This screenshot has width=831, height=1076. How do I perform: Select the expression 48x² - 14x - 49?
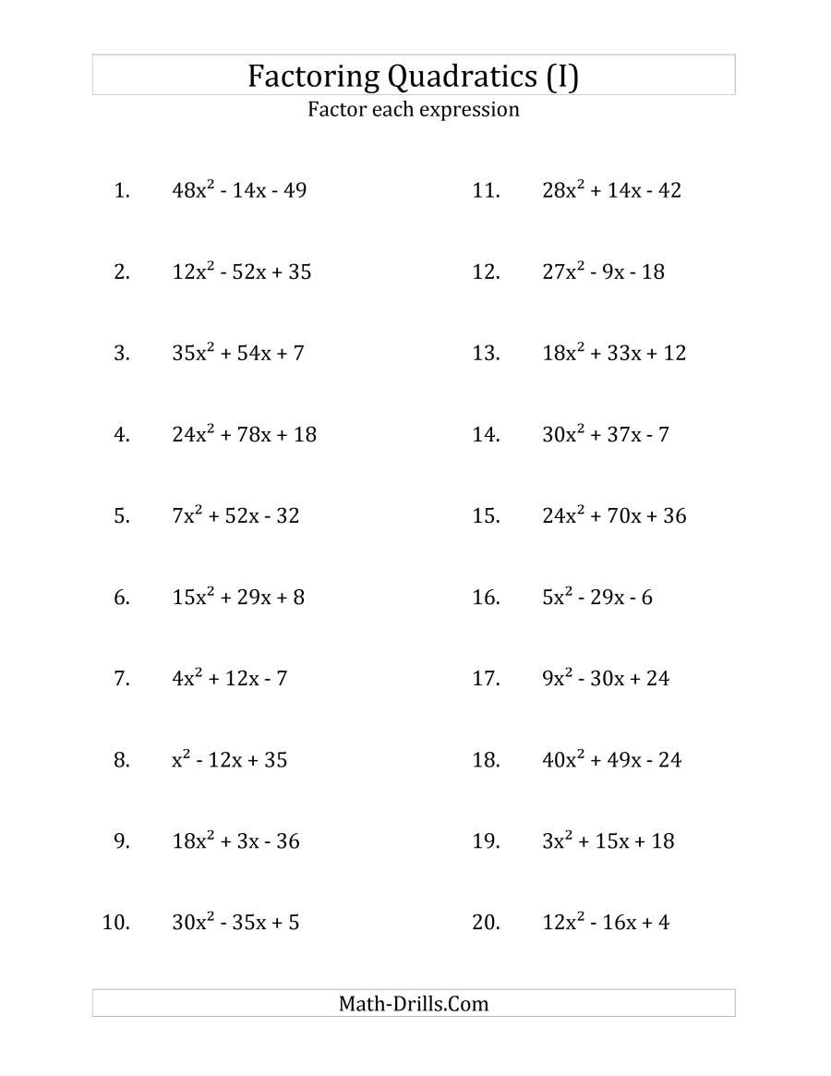tap(239, 191)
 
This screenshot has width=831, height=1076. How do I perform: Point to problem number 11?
tap(486, 191)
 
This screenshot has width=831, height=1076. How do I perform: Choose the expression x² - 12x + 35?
tap(230, 760)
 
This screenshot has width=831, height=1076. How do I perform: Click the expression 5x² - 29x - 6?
tap(597, 598)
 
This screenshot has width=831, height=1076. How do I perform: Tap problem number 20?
tap(486, 923)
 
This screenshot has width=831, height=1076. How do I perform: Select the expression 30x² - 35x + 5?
tap(235, 923)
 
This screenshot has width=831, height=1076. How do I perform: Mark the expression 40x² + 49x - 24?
tap(611, 760)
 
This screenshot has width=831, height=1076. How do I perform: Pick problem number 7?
tap(122, 679)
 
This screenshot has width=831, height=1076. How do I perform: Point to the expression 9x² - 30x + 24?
tap(606, 679)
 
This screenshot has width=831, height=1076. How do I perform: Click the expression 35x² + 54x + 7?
tap(238, 354)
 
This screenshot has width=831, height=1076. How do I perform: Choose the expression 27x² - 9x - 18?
tap(603, 272)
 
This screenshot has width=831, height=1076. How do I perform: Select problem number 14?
tap(486, 435)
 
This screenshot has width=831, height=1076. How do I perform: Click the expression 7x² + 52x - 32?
tap(235, 516)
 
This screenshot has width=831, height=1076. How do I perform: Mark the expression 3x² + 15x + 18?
tap(608, 841)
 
